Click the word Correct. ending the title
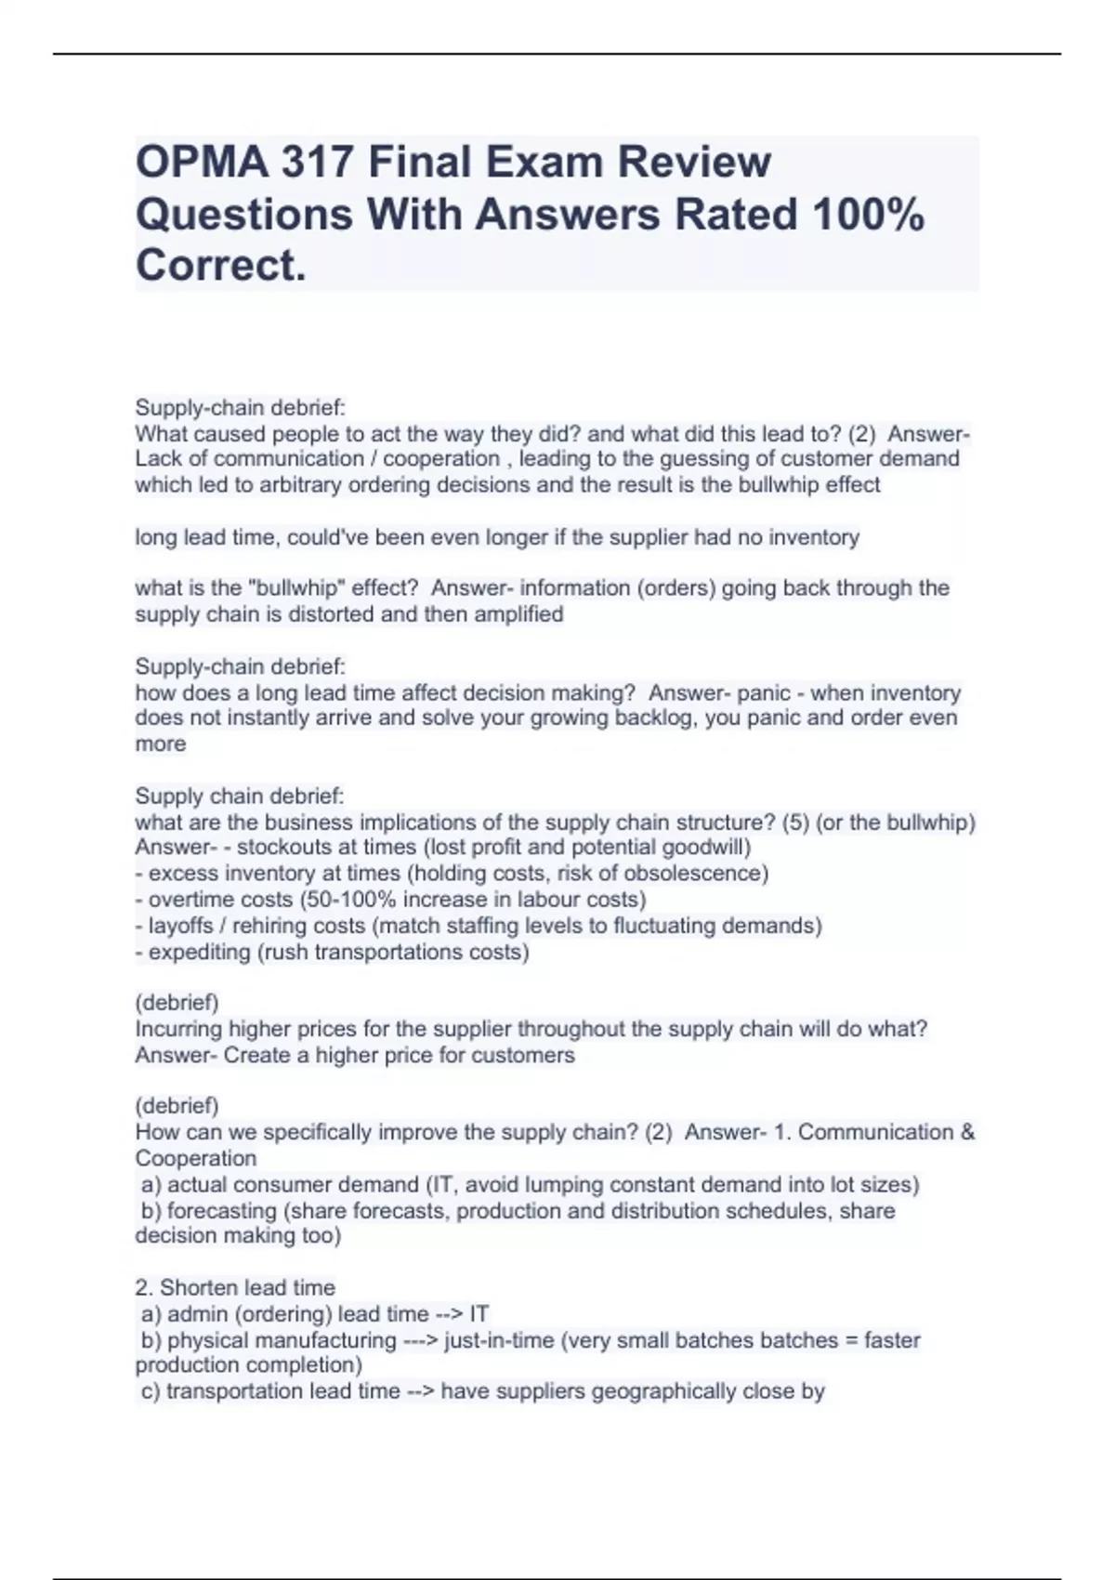click(x=220, y=266)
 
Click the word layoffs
click(x=179, y=926)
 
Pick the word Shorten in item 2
click(x=199, y=1288)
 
